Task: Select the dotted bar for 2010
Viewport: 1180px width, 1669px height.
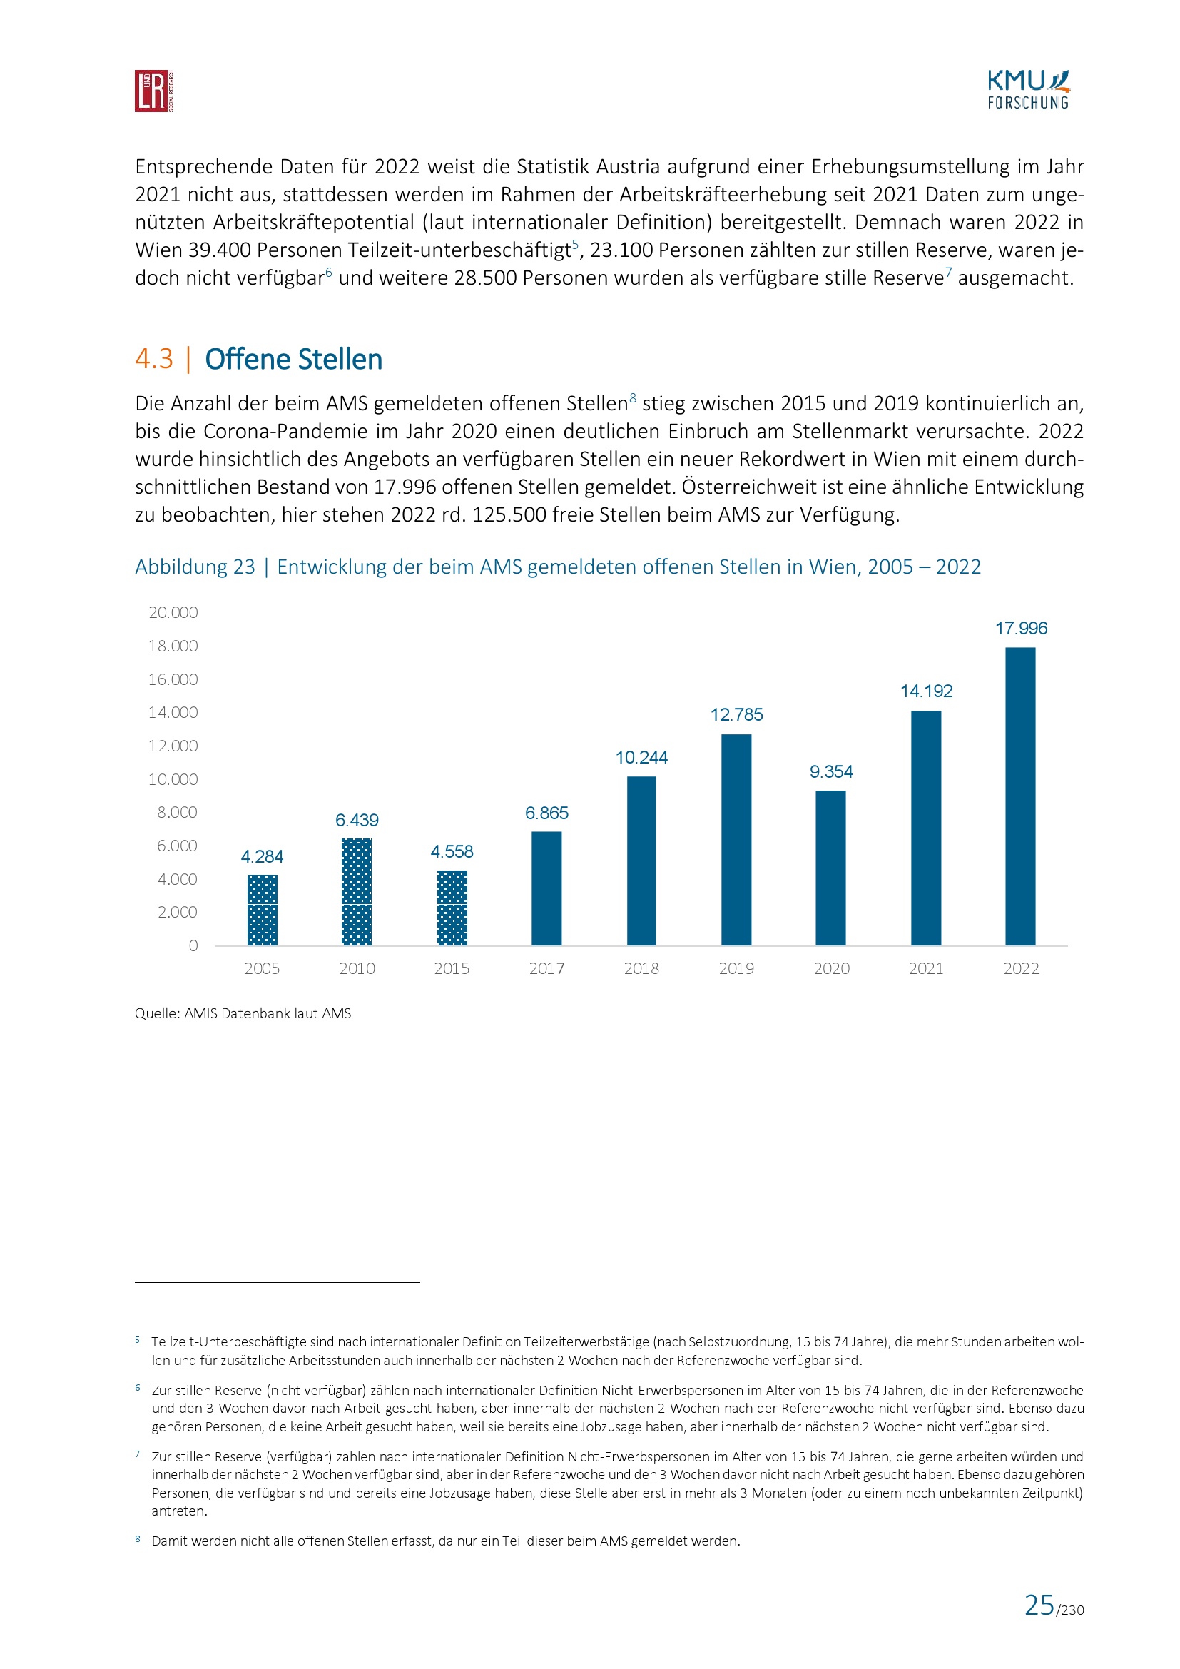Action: (356, 892)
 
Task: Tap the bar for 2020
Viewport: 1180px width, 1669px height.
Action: (830, 868)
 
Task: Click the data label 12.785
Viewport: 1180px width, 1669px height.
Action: (736, 714)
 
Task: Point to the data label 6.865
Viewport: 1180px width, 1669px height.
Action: (546, 813)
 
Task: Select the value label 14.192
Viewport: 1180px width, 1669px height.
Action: (926, 691)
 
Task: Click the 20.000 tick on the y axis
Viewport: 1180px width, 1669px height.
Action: (173, 612)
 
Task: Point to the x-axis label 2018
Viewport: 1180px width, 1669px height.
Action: (641, 968)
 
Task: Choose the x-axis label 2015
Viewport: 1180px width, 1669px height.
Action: (451, 968)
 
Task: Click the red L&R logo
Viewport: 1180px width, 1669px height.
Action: (153, 91)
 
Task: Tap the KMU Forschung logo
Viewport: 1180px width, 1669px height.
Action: (1027, 90)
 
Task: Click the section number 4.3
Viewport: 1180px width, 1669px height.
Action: (154, 359)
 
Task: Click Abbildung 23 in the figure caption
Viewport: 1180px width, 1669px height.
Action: (195, 567)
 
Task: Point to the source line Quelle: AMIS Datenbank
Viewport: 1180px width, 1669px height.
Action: (243, 1013)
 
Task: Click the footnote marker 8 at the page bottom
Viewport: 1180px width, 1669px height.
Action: (137, 1539)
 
